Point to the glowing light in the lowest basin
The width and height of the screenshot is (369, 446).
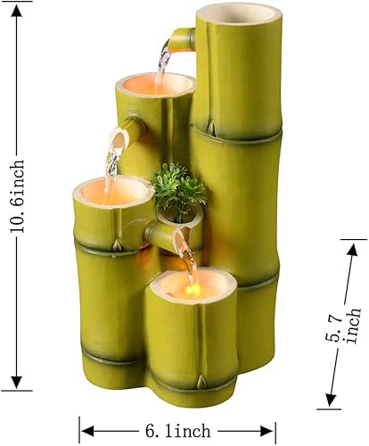click(192, 287)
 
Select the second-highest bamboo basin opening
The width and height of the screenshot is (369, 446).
click(154, 85)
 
